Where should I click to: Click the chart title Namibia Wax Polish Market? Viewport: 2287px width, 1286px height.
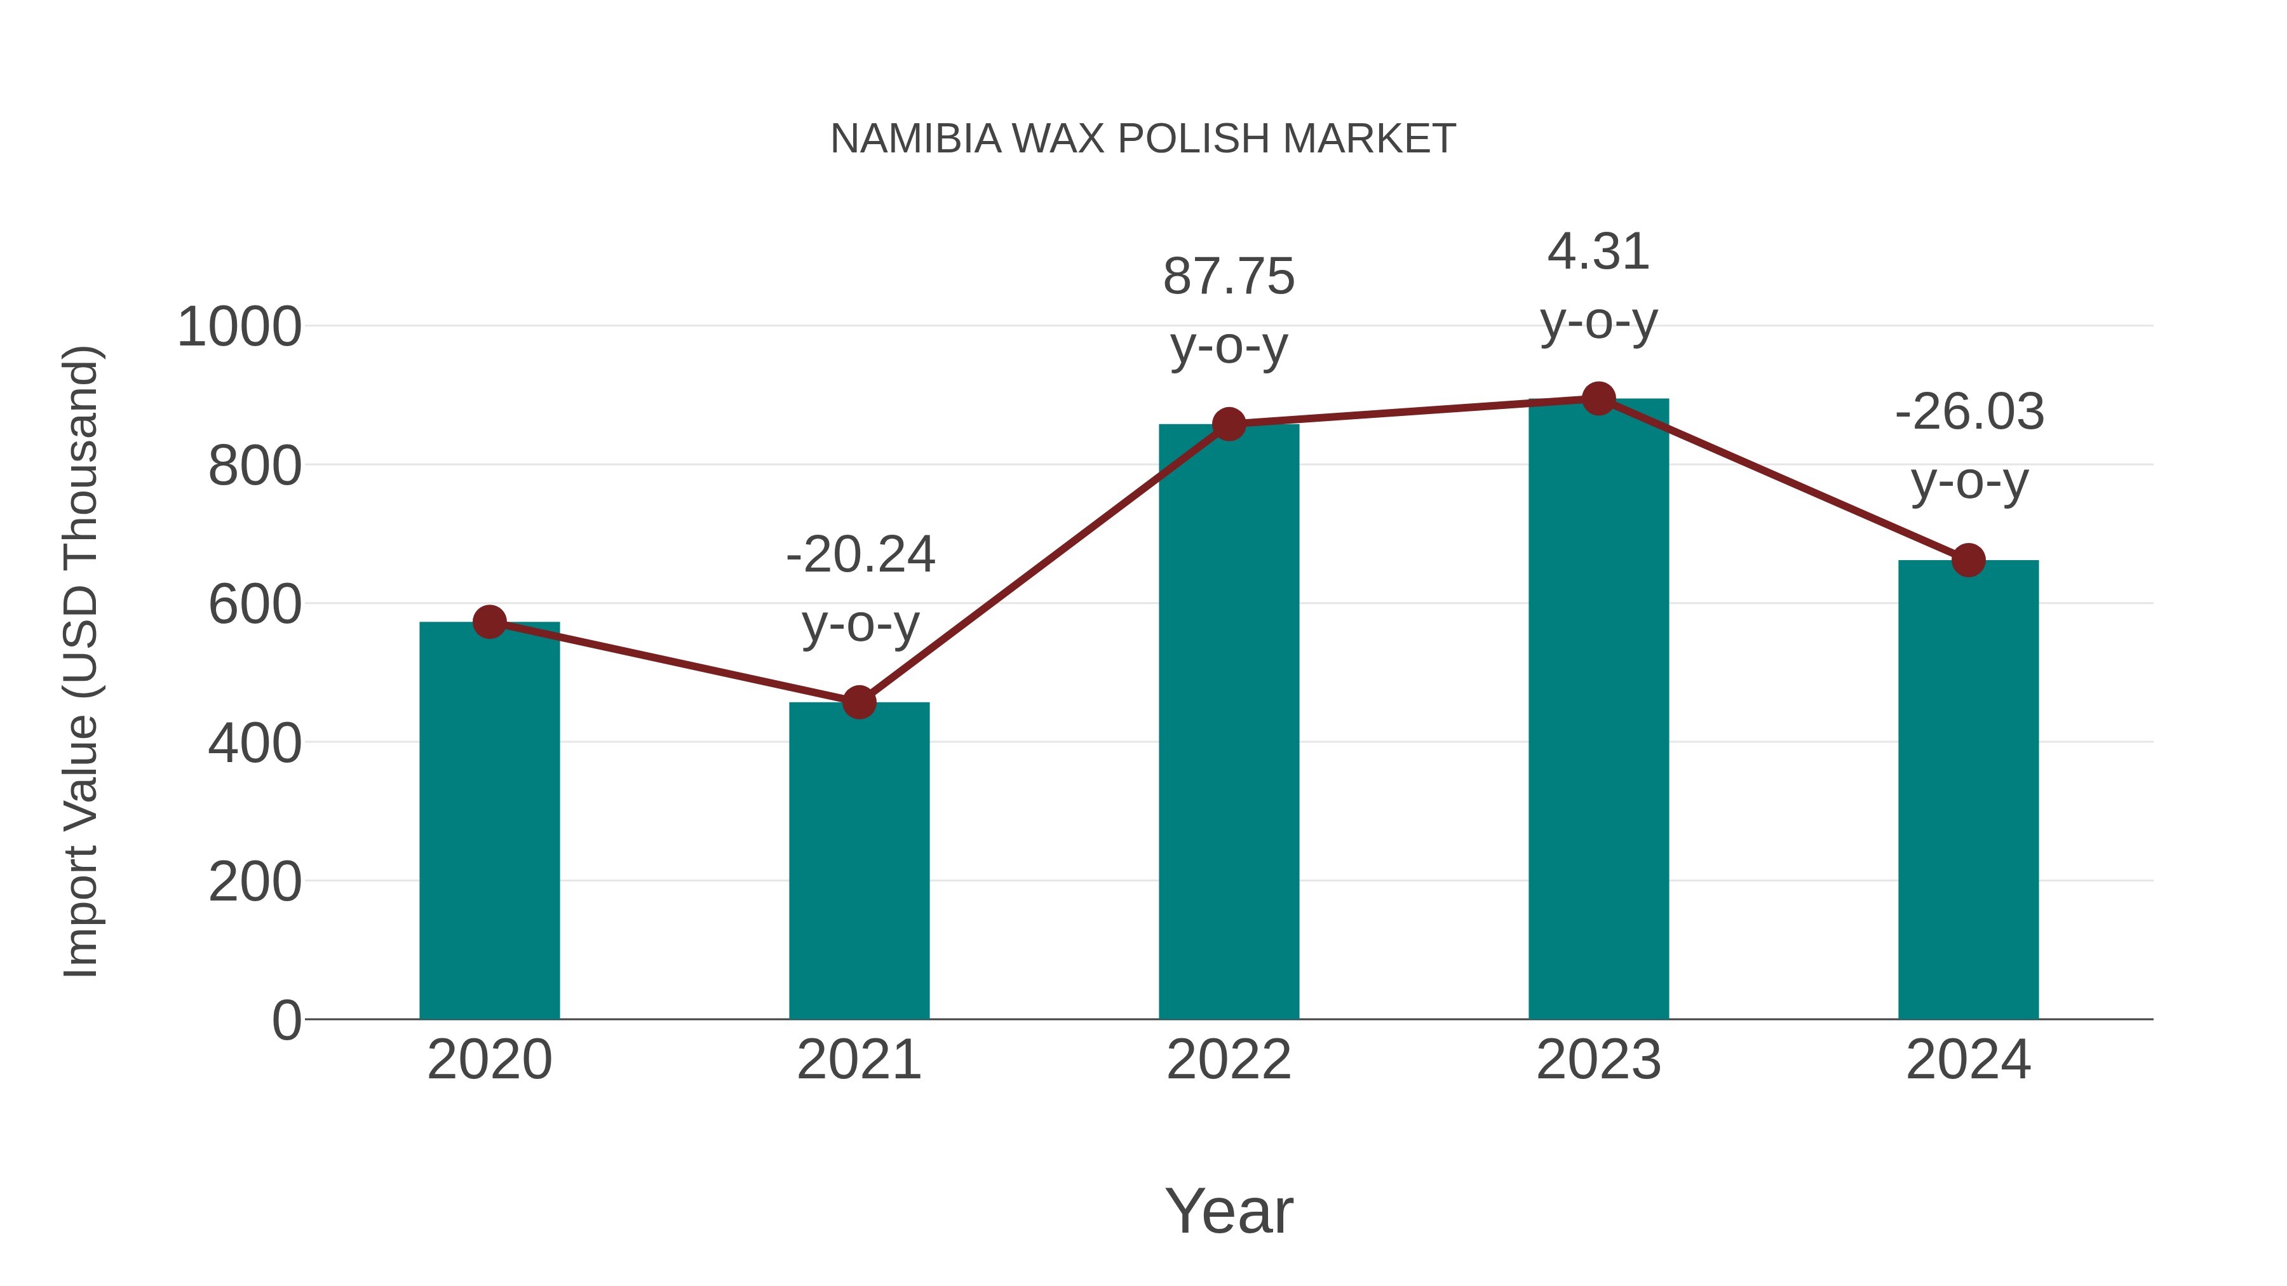coord(1143,139)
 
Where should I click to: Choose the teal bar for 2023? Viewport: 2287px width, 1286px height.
coord(1598,709)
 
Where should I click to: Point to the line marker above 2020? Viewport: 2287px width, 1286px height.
coord(489,622)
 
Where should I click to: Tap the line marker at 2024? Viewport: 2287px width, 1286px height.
coord(1968,561)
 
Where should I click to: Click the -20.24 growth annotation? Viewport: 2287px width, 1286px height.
coord(860,556)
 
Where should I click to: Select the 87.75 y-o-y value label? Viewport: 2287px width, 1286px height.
coord(1229,277)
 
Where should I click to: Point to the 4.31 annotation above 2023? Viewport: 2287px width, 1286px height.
coord(1598,252)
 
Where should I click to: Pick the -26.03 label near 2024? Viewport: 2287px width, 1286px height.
coord(1969,413)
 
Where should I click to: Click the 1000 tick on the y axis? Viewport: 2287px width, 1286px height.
coord(239,328)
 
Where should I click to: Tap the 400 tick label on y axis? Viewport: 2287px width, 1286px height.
coord(255,744)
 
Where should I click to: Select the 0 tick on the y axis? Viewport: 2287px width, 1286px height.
coord(286,1021)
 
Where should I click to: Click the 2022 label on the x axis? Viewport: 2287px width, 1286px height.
coord(1229,1060)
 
